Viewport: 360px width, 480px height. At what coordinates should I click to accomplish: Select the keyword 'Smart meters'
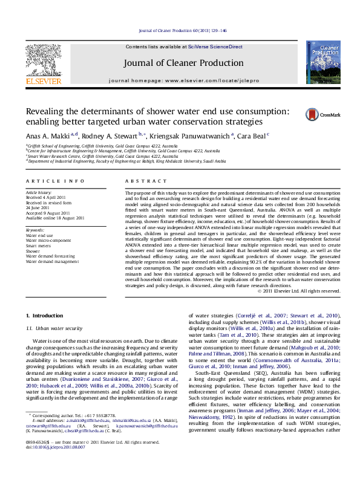coord(39,245)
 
